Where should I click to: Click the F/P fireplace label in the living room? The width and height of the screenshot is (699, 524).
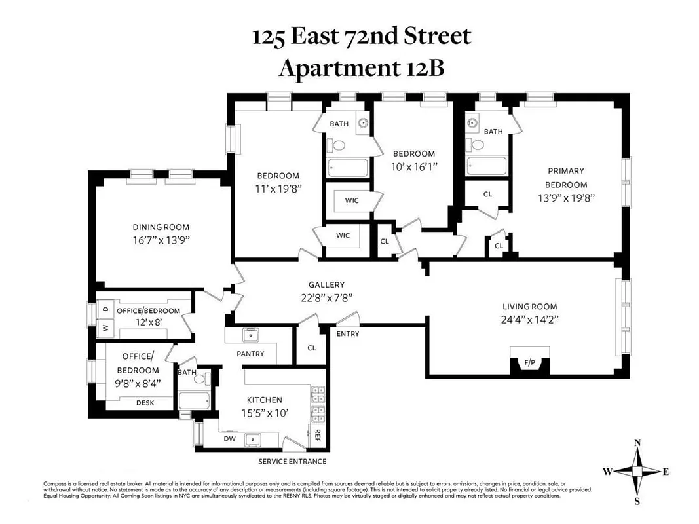(529, 362)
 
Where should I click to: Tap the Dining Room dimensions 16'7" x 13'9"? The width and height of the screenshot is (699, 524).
(161, 240)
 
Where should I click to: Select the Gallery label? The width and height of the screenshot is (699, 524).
(326, 284)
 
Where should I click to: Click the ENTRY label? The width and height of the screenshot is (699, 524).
(347, 334)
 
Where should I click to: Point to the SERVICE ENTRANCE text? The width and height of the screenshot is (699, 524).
(292, 461)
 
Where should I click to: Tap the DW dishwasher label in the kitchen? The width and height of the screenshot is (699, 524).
(230, 439)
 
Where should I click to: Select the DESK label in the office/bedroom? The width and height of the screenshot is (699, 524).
(145, 403)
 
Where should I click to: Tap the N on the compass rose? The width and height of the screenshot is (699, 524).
(637, 443)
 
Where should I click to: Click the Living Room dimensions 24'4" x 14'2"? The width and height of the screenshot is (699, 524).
(529, 320)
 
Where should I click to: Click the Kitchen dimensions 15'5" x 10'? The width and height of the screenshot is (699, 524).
(264, 413)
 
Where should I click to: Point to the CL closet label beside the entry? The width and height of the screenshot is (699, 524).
(311, 348)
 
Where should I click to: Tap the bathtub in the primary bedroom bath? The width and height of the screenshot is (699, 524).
(486, 166)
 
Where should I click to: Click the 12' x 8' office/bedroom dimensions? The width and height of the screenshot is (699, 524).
(147, 323)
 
